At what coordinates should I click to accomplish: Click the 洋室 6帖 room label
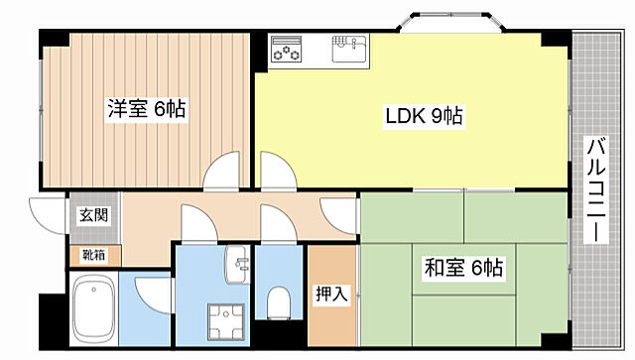146,108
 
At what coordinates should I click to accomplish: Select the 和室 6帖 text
464,267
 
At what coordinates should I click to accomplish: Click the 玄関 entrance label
94,215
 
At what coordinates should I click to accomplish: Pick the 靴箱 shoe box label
94,256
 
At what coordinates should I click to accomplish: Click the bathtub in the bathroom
97,310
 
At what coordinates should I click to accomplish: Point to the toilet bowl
279,300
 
